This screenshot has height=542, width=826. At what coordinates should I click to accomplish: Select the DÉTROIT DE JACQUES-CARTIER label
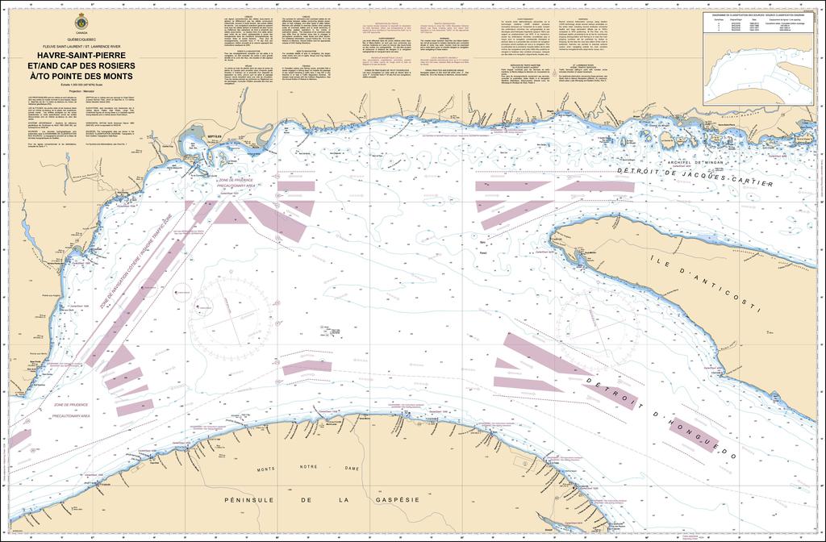694,177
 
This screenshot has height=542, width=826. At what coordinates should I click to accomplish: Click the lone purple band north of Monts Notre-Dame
307,368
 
